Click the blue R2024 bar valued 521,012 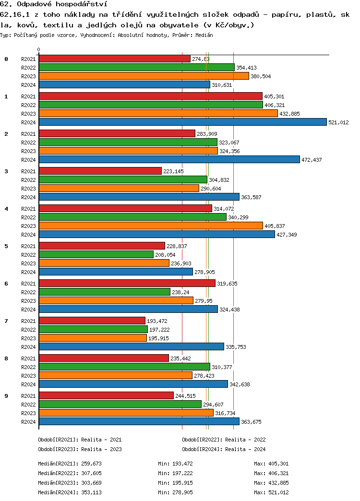182,122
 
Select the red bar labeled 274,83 114,59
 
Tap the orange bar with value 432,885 158,113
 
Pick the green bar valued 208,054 96,254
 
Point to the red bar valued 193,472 92,321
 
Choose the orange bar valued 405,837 151,226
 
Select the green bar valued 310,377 124,367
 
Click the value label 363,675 251,422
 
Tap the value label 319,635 227,284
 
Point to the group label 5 6,246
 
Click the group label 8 6,358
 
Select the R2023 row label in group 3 29,189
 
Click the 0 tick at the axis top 39,49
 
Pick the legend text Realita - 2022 245,440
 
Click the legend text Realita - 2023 101,449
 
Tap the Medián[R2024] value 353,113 92,492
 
